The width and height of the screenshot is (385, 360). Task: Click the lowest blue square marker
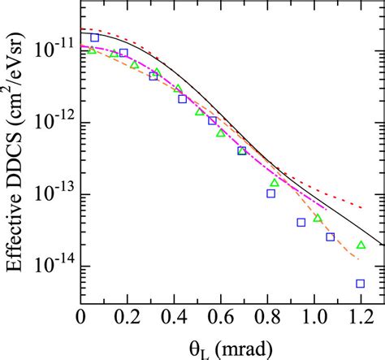coord(360,284)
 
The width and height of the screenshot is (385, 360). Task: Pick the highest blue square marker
coord(94,37)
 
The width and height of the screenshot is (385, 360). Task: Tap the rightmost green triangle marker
coord(361,245)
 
